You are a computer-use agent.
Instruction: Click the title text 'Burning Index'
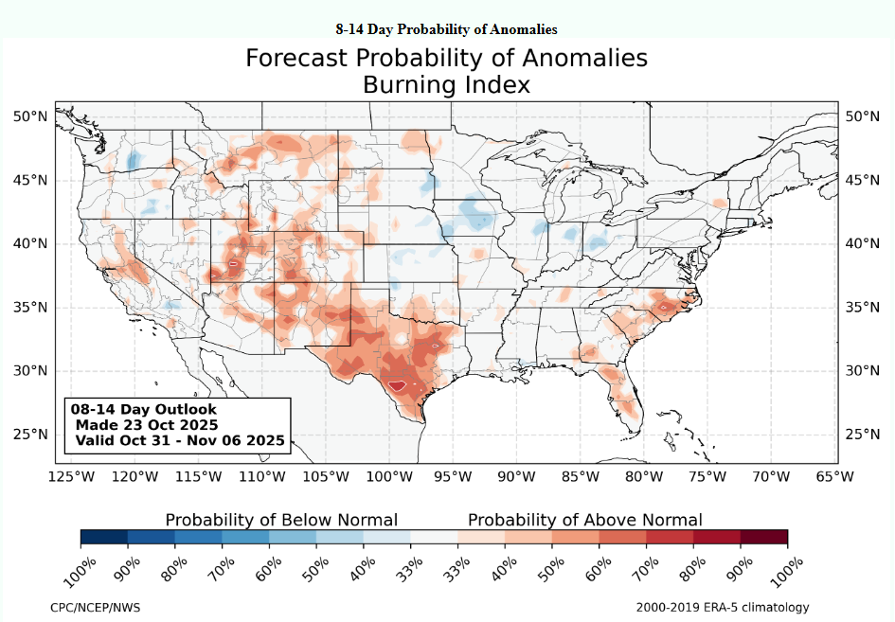tap(446, 85)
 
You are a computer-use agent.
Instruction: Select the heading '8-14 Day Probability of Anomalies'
tap(446, 29)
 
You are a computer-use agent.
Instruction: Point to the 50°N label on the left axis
tap(29, 116)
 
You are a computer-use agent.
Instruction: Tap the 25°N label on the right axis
tap(864, 435)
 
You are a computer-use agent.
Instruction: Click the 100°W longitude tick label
tap(386, 477)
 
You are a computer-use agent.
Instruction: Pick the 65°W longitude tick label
tap(834, 477)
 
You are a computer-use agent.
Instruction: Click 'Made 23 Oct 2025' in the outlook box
tap(146, 424)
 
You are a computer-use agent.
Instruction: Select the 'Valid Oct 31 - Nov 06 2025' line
tap(179, 440)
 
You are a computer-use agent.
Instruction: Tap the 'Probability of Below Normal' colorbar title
tap(281, 520)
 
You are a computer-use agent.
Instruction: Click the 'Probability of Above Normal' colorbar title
tap(585, 520)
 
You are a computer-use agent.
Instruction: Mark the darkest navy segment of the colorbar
tap(104, 538)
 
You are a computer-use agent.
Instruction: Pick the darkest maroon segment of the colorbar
tap(764, 538)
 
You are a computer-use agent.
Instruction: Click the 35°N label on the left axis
tap(29, 308)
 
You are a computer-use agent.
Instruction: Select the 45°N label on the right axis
tap(864, 180)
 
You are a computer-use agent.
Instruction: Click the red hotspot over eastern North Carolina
tap(669, 307)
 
